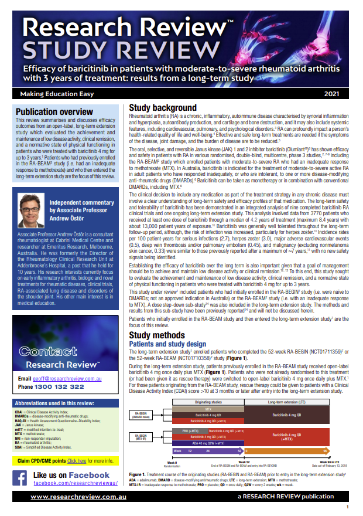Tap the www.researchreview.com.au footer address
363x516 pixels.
point(72,497)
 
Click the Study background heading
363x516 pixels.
point(162,108)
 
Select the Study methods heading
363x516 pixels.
point(157,335)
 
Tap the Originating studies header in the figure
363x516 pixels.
point(208,402)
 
